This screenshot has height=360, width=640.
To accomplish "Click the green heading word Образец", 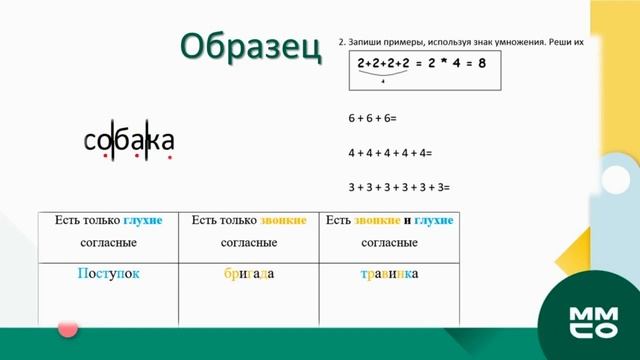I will pos(250,46).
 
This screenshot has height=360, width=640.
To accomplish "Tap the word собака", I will pos(129,141).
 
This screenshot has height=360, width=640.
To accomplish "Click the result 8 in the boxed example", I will pos(482,63).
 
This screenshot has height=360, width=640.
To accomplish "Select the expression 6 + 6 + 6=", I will pos(372,118).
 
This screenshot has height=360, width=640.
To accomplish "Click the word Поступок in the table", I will pos(107,273).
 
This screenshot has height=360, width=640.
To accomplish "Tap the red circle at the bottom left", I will pos(68,327).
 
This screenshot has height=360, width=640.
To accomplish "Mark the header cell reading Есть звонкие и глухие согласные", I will pos(389,231).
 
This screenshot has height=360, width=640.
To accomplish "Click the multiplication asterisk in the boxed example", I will pos(443,63).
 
